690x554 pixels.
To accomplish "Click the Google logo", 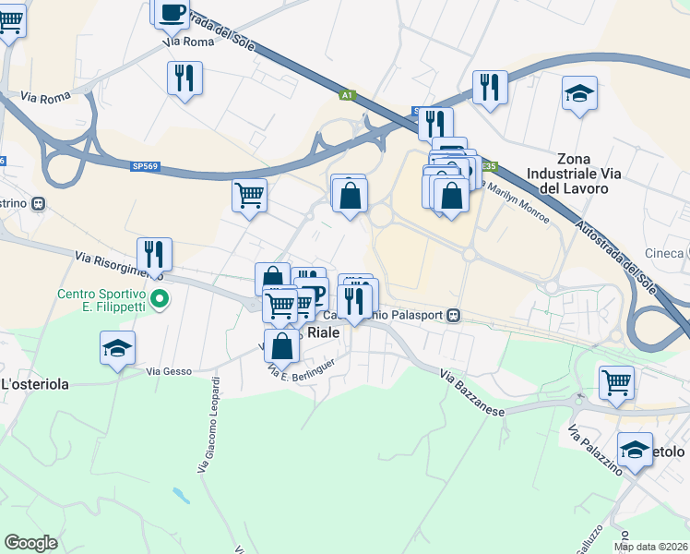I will pos(31,543).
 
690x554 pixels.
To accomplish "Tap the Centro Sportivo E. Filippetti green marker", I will pos(160,298).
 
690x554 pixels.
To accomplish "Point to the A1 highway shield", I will pos(347,94).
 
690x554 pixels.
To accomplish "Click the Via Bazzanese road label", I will pos(472,391).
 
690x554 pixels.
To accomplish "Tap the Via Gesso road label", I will pos(169,372).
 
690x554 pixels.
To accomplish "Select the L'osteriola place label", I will pos(34,384).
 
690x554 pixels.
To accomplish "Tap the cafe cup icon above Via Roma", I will pos(172,11).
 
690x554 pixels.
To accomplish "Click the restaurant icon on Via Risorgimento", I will pos(155,254).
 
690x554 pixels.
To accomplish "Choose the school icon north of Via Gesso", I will pos(118,348).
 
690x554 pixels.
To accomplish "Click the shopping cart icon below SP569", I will pos(249,195).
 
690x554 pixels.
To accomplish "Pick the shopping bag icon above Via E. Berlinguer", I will pos(282,345).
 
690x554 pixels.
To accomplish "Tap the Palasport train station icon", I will pos(453,315).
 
